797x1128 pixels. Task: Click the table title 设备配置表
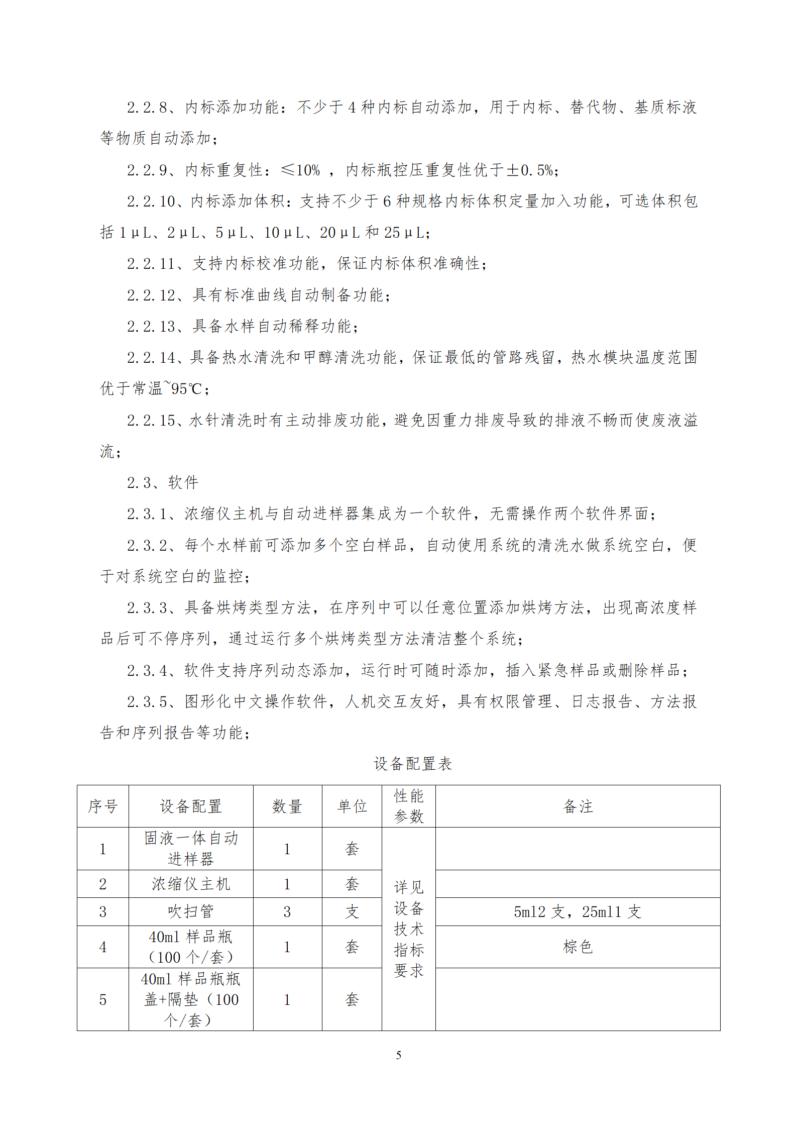[x=412, y=764]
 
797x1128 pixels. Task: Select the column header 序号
[x=102, y=806]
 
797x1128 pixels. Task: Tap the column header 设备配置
[x=191, y=806]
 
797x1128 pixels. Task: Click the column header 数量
[x=287, y=806]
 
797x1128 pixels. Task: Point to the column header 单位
[x=352, y=806]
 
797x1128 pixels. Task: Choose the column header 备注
[x=578, y=806]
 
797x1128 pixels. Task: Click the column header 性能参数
[x=408, y=806]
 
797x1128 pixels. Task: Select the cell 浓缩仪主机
[x=191, y=884]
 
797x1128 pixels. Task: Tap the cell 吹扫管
[x=191, y=911]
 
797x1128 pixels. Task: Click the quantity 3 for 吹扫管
[x=287, y=911]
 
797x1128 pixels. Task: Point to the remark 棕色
[x=578, y=947]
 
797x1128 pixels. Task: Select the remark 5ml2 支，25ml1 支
[x=578, y=911]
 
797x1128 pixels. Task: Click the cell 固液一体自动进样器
[x=191, y=848]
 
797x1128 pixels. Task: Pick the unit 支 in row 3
[x=352, y=911]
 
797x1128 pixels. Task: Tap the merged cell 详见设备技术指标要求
[x=408, y=929]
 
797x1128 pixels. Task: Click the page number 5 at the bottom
[x=398, y=1055]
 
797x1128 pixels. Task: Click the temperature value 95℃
[x=186, y=389]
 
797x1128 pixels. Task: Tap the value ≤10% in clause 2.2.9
[x=300, y=170]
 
